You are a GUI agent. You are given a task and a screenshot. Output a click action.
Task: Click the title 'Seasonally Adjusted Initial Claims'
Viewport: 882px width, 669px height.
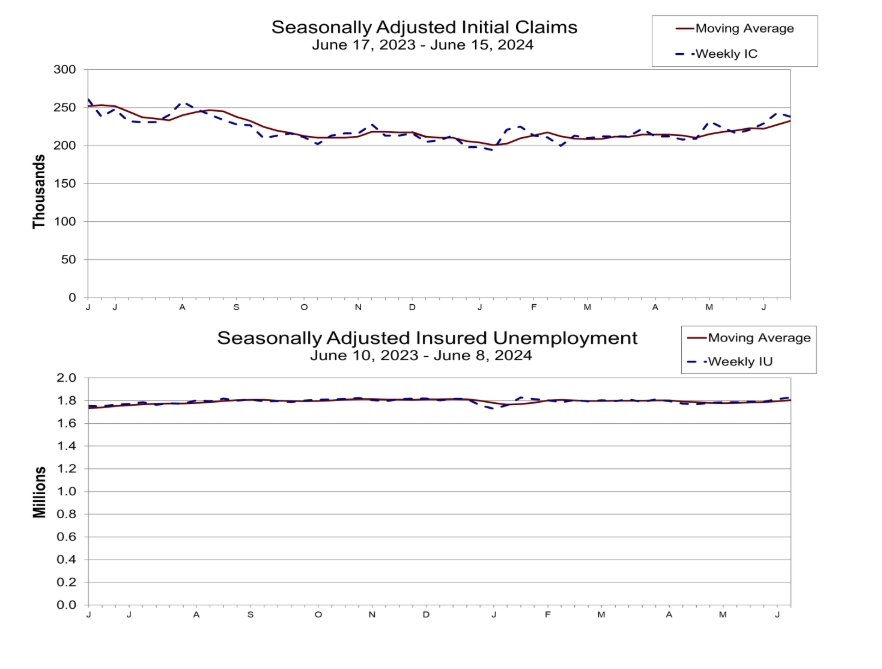pos(424,27)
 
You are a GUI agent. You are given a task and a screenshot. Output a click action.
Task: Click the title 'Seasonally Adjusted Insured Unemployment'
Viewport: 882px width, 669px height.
pos(427,338)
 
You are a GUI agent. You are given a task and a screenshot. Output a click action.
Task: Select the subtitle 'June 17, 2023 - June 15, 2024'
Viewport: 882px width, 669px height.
pos(422,45)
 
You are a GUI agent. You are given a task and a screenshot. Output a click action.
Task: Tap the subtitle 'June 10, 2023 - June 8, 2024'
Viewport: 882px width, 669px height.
pos(421,356)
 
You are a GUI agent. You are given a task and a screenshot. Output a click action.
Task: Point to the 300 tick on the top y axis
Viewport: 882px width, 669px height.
pos(65,70)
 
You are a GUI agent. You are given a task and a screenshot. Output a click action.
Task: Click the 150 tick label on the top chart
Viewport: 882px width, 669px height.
pos(65,183)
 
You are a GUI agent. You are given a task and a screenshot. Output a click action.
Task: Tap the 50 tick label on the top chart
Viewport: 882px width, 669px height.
pos(68,259)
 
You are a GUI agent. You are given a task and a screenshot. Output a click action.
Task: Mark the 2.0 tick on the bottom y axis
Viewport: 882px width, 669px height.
pos(66,378)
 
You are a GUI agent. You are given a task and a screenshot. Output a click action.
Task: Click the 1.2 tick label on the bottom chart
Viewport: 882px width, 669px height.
pos(66,469)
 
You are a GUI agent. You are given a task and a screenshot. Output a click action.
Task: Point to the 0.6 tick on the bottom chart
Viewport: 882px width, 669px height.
pos(66,537)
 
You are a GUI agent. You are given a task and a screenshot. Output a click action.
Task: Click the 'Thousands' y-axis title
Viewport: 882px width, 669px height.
pos(38,191)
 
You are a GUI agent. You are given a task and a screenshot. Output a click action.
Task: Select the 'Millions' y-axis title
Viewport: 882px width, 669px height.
pos(39,492)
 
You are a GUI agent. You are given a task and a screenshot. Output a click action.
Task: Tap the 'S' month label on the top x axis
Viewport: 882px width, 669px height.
pos(236,307)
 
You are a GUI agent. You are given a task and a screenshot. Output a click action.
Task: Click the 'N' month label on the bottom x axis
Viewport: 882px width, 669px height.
pos(372,614)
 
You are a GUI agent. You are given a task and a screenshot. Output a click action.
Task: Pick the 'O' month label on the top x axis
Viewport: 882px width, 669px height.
pos(304,307)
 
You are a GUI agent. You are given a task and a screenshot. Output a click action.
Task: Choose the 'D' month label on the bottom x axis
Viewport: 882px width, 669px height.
pos(426,614)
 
